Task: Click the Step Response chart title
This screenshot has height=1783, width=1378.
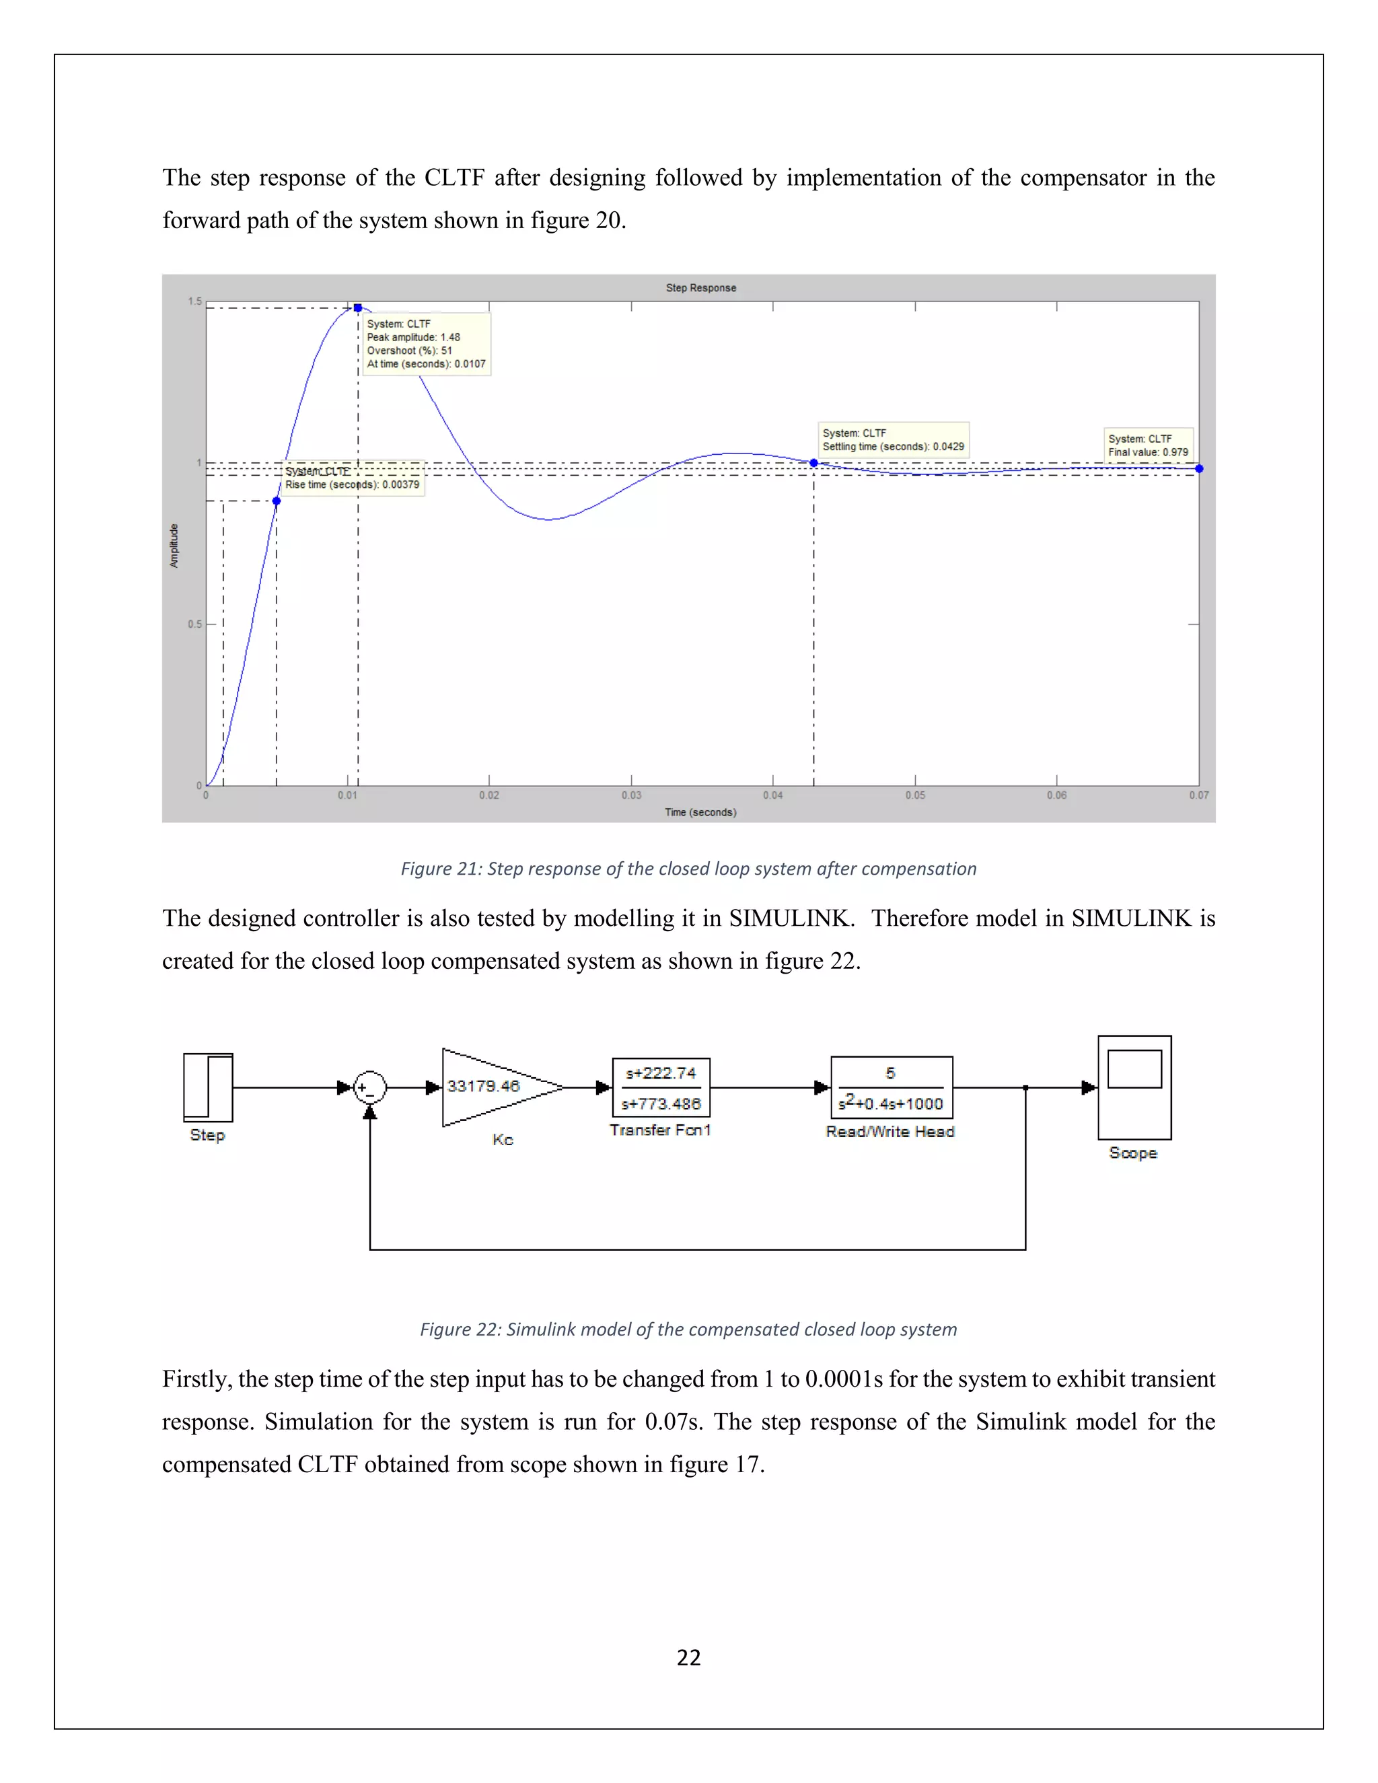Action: (x=700, y=287)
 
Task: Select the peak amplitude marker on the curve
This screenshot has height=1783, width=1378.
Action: (x=357, y=307)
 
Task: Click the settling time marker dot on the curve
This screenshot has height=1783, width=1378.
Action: (x=814, y=463)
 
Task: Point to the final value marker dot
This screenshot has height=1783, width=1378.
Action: (x=1199, y=468)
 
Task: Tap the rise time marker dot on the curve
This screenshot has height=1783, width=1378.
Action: (x=277, y=501)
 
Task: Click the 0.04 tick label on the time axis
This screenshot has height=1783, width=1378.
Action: (x=772, y=795)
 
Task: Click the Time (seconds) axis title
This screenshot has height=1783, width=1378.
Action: (x=700, y=812)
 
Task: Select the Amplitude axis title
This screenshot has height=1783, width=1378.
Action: (x=174, y=546)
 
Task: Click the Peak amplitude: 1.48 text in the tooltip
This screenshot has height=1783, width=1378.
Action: (x=413, y=337)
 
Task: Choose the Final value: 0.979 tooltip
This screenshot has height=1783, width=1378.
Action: (x=1148, y=445)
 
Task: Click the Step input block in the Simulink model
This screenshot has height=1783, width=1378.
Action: (x=208, y=1087)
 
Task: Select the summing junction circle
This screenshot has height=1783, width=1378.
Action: (x=370, y=1087)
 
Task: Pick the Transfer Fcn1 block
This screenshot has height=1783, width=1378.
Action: (x=661, y=1087)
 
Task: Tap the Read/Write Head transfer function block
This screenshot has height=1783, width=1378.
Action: (x=892, y=1087)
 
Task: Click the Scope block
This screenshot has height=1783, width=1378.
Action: (x=1134, y=1087)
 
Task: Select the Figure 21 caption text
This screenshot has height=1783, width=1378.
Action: (x=688, y=869)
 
